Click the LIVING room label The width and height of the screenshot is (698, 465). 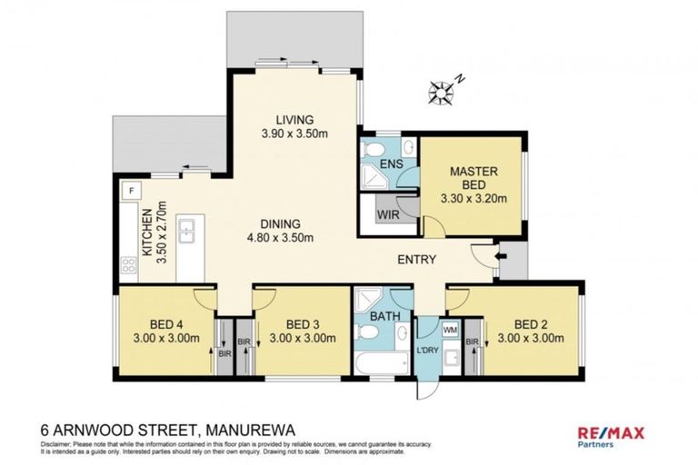click(294, 119)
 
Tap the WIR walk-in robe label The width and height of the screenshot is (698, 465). click(385, 215)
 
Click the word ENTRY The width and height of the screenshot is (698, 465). click(416, 260)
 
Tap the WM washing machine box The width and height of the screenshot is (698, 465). click(451, 330)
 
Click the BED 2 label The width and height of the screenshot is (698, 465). click(532, 324)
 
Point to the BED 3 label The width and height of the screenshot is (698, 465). click(303, 324)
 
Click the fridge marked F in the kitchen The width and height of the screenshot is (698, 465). click(132, 191)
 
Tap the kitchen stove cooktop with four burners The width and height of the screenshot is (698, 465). click(129, 265)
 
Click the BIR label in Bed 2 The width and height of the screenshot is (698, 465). click(472, 341)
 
